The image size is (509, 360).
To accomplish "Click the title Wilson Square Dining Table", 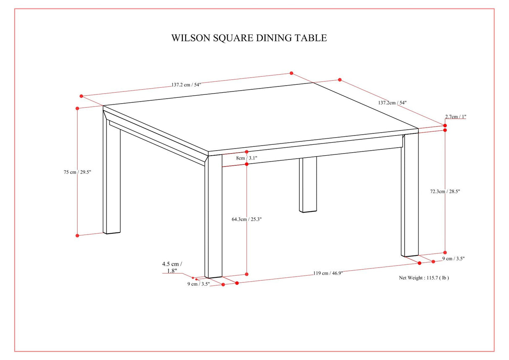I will click(x=249, y=38).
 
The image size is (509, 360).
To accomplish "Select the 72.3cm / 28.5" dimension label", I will click(x=445, y=191).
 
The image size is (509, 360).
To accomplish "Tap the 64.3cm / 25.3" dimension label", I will click(x=247, y=219).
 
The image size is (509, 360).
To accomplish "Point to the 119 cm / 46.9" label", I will click(x=328, y=273).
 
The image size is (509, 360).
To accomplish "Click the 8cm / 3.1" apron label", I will click(x=247, y=158).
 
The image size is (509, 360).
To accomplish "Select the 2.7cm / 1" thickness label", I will click(x=455, y=117).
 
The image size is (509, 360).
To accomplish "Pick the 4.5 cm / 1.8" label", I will click(x=172, y=267).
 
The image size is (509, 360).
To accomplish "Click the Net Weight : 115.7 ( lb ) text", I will click(x=423, y=278).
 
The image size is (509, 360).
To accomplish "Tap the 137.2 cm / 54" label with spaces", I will click(x=186, y=84).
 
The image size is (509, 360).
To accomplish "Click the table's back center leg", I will click(x=308, y=185).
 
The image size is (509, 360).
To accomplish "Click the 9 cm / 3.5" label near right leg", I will click(x=454, y=258).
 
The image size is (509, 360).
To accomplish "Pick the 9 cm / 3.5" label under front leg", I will click(x=198, y=284).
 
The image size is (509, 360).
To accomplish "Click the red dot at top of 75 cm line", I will click(x=78, y=108).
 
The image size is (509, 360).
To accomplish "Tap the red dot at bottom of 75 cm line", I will click(x=78, y=236).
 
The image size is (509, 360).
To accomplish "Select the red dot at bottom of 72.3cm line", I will click(x=445, y=253).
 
